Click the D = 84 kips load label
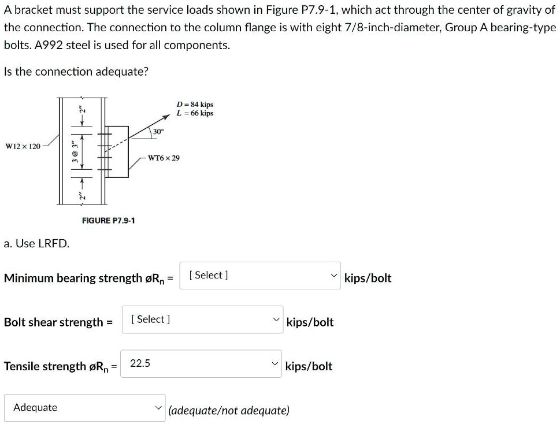click(x=195, y=105)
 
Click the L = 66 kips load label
click(x=195, y=113)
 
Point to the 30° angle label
click(x=158, y=132)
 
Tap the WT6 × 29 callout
click(x=164, y=158)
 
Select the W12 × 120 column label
click(x=23, y=146)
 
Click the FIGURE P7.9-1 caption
click(x=109, y=221)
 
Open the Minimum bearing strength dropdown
click(x=260, y=276)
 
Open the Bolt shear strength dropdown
click(x=202, y=319)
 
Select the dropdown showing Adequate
click(x=84, y=408)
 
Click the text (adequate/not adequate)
click(x=229, y=411)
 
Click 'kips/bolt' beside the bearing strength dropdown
click(x=368, y=278)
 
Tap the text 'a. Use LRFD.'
click(x=36, y=243)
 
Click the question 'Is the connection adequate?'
click(x=76, y=72)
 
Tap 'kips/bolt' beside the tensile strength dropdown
click(x=309, y=366)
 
